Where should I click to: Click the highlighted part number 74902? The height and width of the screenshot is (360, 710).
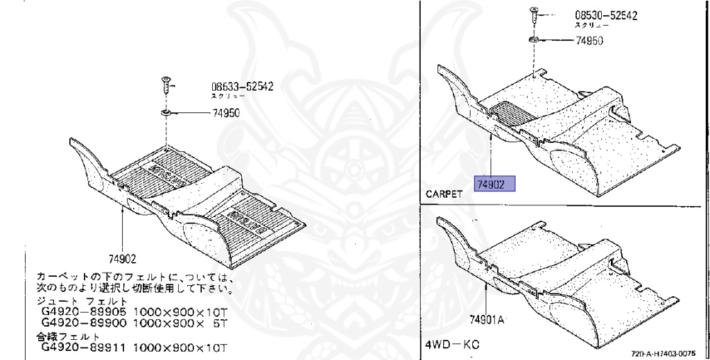[494, 184]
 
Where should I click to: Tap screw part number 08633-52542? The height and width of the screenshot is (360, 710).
[242, 87]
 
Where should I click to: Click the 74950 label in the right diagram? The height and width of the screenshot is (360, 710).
[589, 40]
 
